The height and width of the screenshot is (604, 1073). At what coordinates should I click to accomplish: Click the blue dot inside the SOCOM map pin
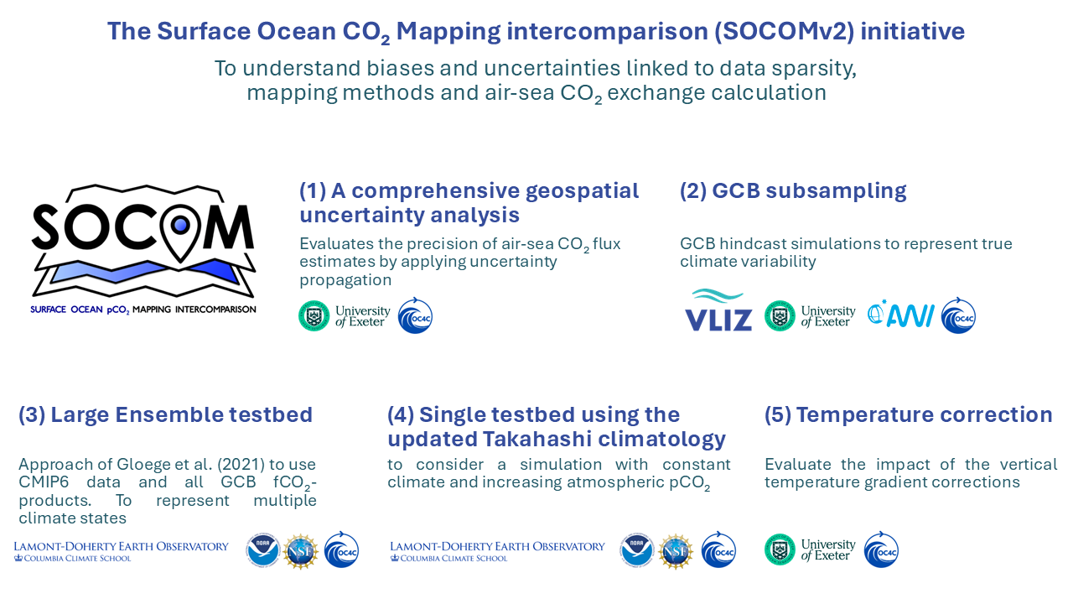(180, 225)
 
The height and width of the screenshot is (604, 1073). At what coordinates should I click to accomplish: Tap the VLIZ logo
(718, 310)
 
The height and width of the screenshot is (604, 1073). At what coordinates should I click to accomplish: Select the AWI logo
(901, 315)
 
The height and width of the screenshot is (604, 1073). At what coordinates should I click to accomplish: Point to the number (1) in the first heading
(313, 190)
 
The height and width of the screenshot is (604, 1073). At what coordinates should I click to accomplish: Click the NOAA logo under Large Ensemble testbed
(263, 550)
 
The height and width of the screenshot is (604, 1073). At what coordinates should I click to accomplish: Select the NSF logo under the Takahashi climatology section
(675, 551)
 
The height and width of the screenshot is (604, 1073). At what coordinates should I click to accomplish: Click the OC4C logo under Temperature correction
(881, 549)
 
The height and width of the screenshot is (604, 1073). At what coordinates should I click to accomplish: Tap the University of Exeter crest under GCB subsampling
(780, 315)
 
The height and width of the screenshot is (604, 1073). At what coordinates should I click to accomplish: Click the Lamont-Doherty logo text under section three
(122, 551)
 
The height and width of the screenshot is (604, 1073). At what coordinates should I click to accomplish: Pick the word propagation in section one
(345, 280)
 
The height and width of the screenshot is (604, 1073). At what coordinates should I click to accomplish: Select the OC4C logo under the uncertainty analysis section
(415, 316)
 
